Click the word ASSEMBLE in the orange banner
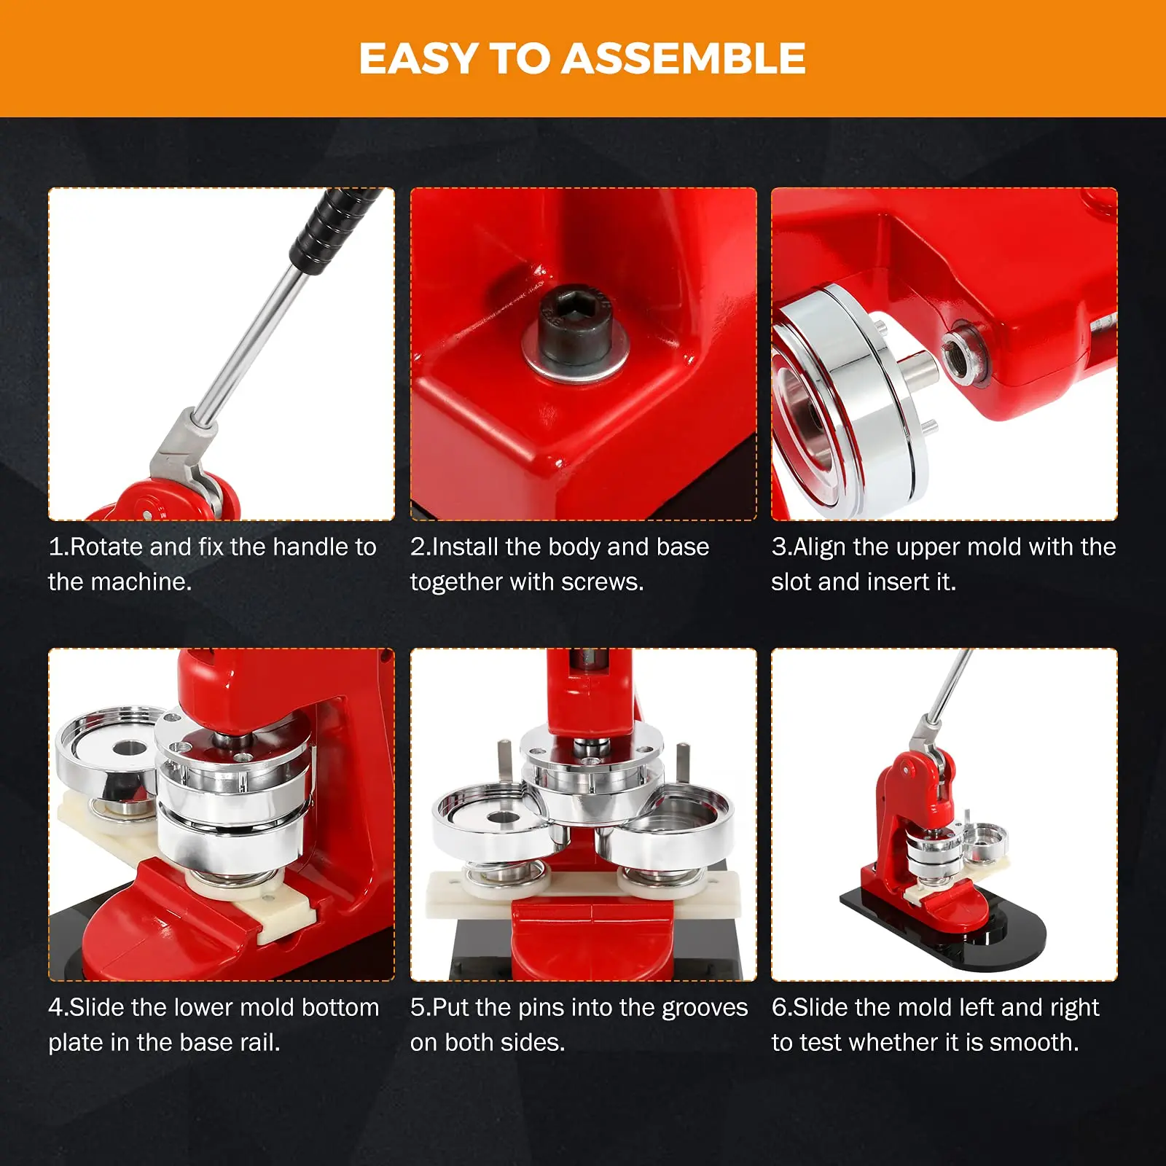point(684,58)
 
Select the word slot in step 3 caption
point(791,582)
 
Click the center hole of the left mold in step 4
point(130,748)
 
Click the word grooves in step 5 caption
point(704,1007)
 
